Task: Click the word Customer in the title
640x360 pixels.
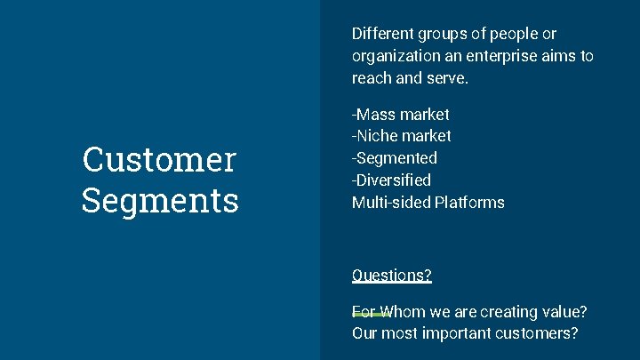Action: tap(159, 160)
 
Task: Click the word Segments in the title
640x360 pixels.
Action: tap(160, 199)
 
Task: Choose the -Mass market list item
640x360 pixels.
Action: tap(401, 115)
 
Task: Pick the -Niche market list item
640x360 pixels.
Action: tap(402, 136)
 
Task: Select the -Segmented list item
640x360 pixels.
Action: tap(395, 158)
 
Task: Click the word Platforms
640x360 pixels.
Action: tap(469, 203)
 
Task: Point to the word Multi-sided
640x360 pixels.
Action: tap(391, 203)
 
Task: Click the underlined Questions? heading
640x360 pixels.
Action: tap(392, 276)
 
